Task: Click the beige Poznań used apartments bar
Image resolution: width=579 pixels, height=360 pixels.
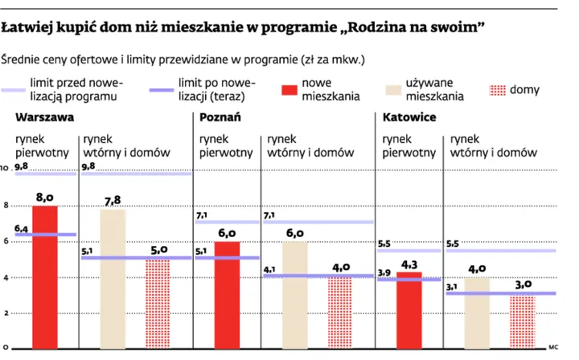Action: [x=295, y=294]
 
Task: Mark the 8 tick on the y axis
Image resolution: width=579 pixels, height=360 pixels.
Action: [x=6, y=207]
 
